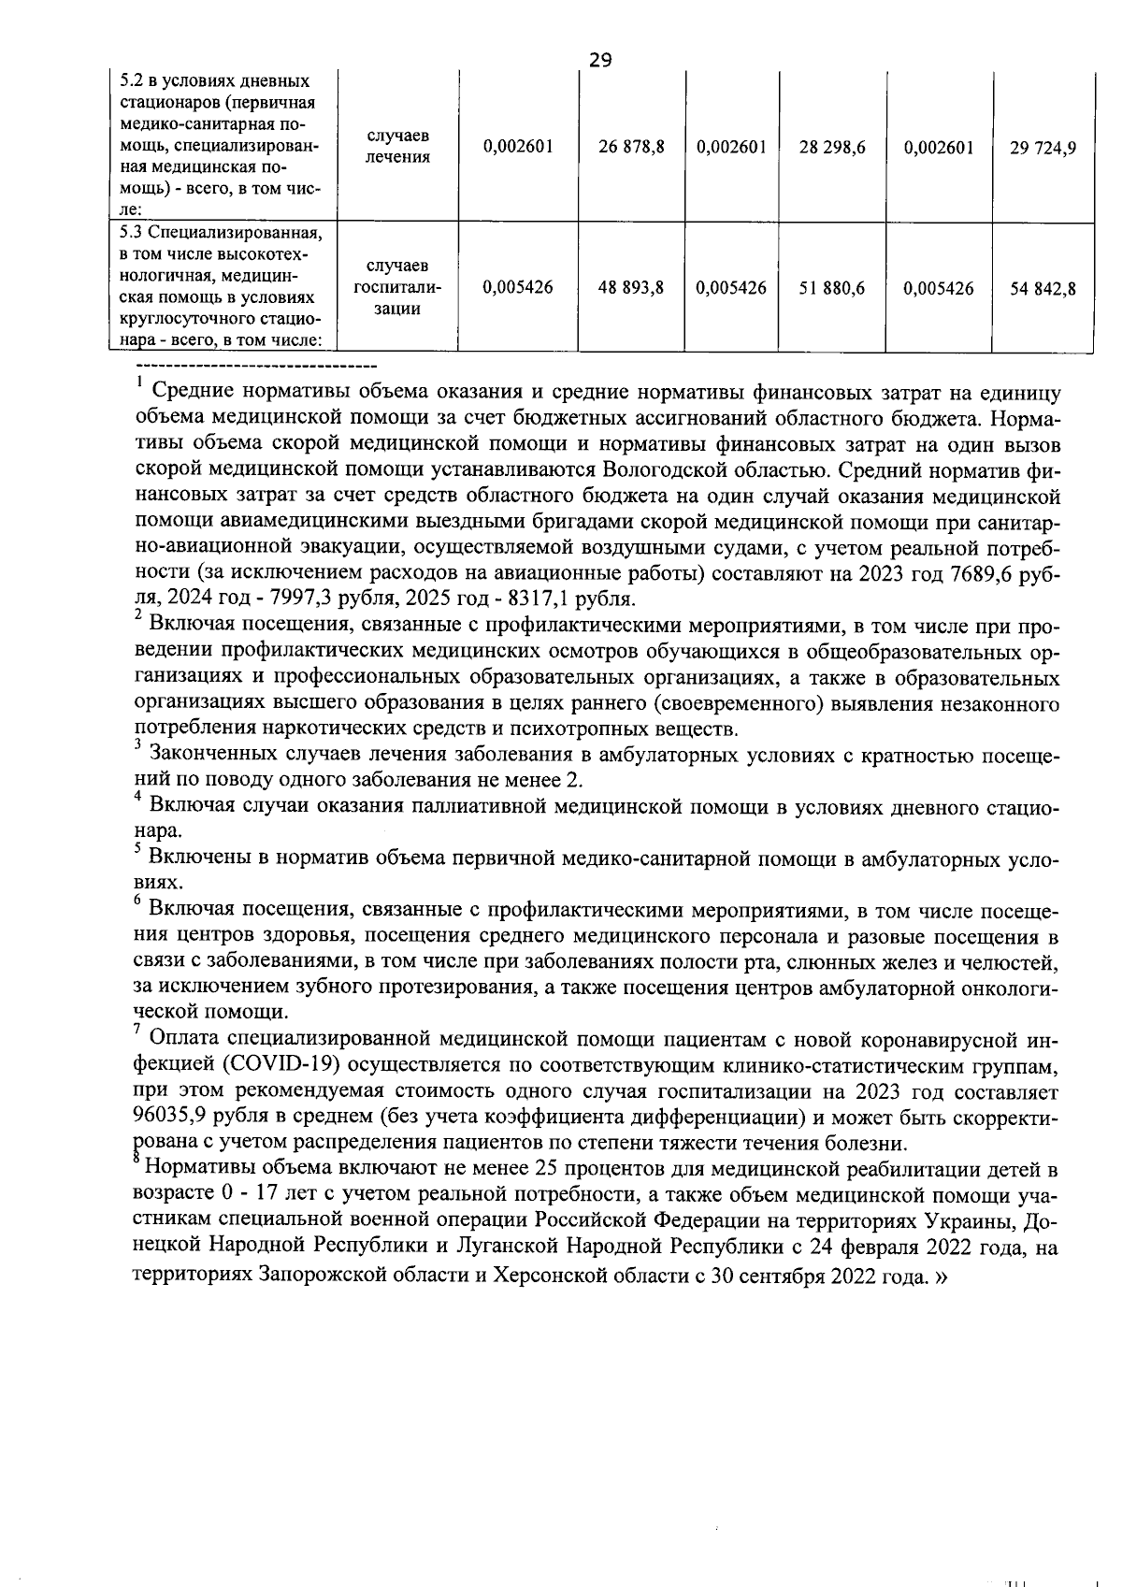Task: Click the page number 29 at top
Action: point(600,61)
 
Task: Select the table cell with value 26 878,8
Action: point(631,147)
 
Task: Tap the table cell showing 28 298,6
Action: point(832,147)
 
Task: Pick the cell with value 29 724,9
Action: point(1043,147)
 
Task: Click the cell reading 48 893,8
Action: point(631,288)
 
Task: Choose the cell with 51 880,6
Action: point(832,288)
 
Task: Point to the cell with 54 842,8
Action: point(1043,288)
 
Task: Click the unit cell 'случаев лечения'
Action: point(397,147)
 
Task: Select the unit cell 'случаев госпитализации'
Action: point(397,288)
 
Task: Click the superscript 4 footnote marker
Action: point(137,797)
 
